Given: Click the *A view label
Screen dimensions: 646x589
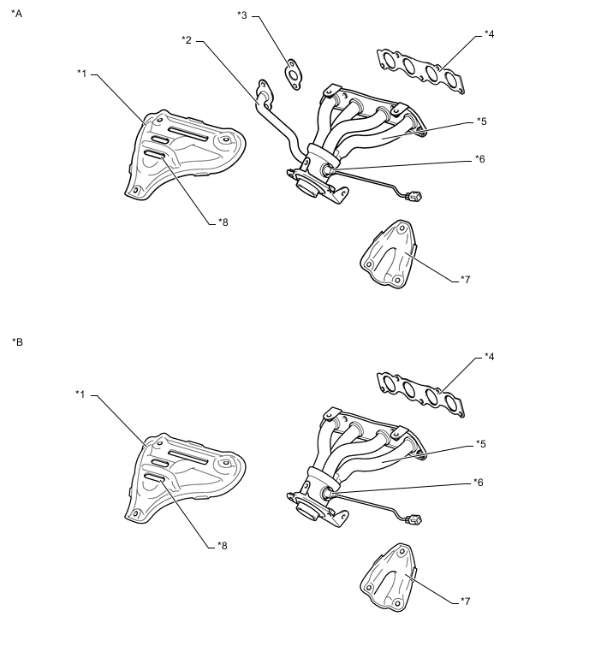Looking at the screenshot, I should click(17, 15).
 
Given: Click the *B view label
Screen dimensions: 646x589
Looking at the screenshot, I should click(17, 342).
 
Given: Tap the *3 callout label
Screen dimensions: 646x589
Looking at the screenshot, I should click(242, 15).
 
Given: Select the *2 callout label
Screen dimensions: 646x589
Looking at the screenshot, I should click(187, 39).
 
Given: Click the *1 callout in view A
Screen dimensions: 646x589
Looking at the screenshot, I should click(82, 74).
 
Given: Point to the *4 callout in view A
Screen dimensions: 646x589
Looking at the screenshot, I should click(489, 34).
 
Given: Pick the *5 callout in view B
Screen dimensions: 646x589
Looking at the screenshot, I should click(481, 444).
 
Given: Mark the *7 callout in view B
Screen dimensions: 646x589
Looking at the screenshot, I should click(465, 601).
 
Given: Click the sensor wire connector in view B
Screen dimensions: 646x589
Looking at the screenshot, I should click(417, 519).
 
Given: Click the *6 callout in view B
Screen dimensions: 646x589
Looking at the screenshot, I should click(479, 483).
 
